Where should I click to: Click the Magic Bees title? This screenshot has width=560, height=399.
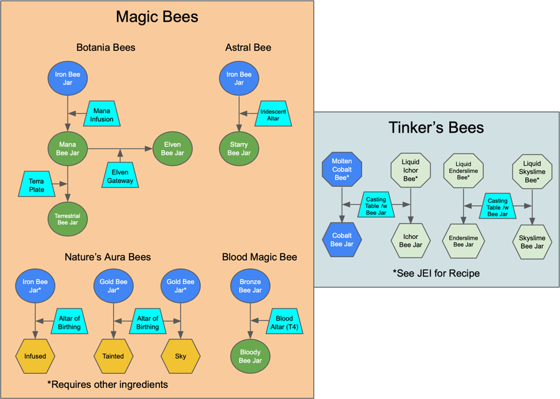tap(157, 17)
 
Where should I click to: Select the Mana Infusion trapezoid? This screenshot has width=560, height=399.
tap(101, 115)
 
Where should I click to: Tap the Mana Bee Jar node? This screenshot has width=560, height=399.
tap(67, 149)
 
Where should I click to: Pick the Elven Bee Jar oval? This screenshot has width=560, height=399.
tap(172, 149)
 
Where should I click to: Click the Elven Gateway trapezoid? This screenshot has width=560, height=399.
tap(120, 176)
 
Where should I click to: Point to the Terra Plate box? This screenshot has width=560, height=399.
tap(37, 185)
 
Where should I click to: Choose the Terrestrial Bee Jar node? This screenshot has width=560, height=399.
tap(67, 218)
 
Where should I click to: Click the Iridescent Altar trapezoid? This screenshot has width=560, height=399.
tap(273, 115)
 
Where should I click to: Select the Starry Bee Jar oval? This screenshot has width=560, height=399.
tap(239, 149)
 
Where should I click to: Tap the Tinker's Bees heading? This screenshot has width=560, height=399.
tap(436, 128)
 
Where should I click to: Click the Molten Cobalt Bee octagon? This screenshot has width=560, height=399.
tap(342, 169)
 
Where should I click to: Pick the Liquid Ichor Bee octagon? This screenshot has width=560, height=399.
tap(410, 170)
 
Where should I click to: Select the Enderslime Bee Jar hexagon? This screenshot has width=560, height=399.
tap(464, 242)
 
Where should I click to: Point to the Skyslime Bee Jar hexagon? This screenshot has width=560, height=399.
tap(531, 242)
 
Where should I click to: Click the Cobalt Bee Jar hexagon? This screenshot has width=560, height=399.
tap(342, 240)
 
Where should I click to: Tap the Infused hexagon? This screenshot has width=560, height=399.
tap(35, 356)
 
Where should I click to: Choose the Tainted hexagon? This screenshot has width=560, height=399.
tap(113, 356)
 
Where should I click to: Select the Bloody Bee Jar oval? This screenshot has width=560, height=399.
tap(250, 356)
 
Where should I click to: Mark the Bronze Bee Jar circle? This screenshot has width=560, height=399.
tap(250, 286)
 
